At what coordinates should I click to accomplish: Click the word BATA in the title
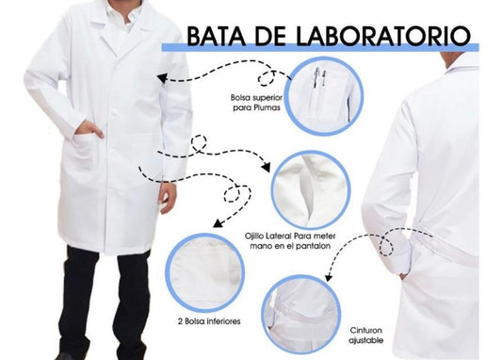[216, 36]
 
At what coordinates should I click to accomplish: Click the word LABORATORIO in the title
[383, 36]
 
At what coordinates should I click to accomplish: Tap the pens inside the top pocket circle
[319, 78]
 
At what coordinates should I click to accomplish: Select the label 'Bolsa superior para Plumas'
[256, 103]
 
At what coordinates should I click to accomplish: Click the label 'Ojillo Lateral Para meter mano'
[290, 241]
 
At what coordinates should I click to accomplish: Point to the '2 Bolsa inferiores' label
[209, 321]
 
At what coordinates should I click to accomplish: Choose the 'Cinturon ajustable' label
[366, 335]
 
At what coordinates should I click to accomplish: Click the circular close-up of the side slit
[311, 190]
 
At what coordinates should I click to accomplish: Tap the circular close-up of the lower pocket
[205, 273]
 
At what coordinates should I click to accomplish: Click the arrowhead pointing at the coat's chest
[162, 78]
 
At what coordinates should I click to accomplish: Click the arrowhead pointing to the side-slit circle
[266, 167]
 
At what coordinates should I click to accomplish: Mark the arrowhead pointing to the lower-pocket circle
[218, 222]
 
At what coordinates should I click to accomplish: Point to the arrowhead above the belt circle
[328, 277]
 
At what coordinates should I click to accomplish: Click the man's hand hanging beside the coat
[168, 197]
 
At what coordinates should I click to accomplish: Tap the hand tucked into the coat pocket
[89, 128]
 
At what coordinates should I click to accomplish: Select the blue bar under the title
[320, 47]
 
